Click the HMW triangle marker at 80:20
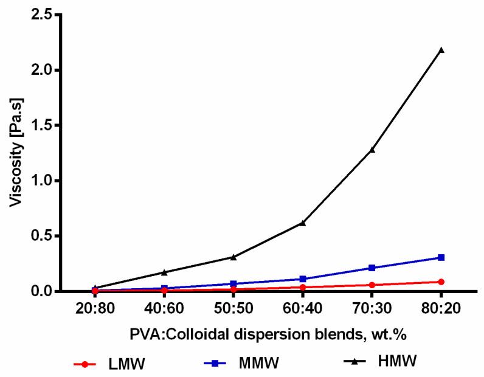tap(441, 50)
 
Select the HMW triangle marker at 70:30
tap(372, 149)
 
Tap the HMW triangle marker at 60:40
tap(302, 223)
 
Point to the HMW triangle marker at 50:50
tap(233, 257)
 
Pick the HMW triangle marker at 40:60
tap(164, 272)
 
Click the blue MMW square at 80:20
tap(441, 257)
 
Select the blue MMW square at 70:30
tap(372, 268)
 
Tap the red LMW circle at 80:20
tap(441, 282)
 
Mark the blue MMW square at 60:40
tap(302, 279)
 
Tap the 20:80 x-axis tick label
tap(95, 308)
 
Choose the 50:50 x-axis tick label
tap(233, 308)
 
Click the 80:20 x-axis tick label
tap(441, 308)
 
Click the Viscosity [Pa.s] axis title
tap(16, 153)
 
